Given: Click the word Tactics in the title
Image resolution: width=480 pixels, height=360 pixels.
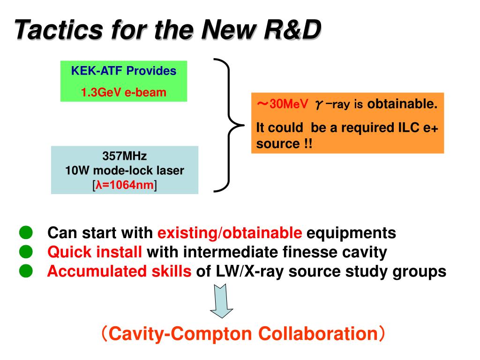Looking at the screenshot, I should point(58,30).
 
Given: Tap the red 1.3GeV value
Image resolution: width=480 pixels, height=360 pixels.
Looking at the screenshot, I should point(101,92).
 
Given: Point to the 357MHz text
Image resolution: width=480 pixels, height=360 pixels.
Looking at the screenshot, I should point(125,156).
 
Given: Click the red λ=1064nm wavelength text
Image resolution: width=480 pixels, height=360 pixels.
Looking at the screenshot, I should point(125,185).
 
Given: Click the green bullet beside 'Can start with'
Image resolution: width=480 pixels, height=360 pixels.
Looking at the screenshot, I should point(25,232).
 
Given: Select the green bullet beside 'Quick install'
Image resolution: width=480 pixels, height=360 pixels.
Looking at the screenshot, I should point(25,252).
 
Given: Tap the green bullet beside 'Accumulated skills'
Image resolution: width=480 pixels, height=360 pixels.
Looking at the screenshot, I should point(25,271).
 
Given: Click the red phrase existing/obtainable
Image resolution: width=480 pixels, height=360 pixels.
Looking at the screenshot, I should point(230,232).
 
